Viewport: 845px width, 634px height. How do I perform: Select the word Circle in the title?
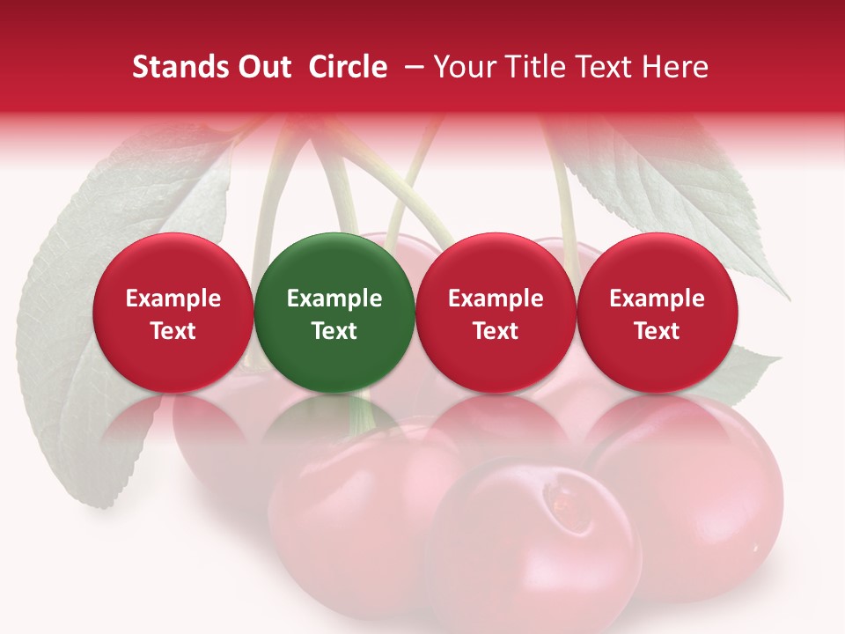[348, 67]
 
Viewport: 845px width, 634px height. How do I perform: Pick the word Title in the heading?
[529, 67]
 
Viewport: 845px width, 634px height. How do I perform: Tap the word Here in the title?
[675, 67]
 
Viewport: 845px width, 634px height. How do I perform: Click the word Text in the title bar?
[599, 67]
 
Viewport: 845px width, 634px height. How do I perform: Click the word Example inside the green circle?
[334, 299]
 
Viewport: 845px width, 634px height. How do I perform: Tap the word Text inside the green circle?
[334, 331]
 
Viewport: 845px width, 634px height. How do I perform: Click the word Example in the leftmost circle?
[173, 299]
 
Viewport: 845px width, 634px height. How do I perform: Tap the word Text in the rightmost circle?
[658, 331]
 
